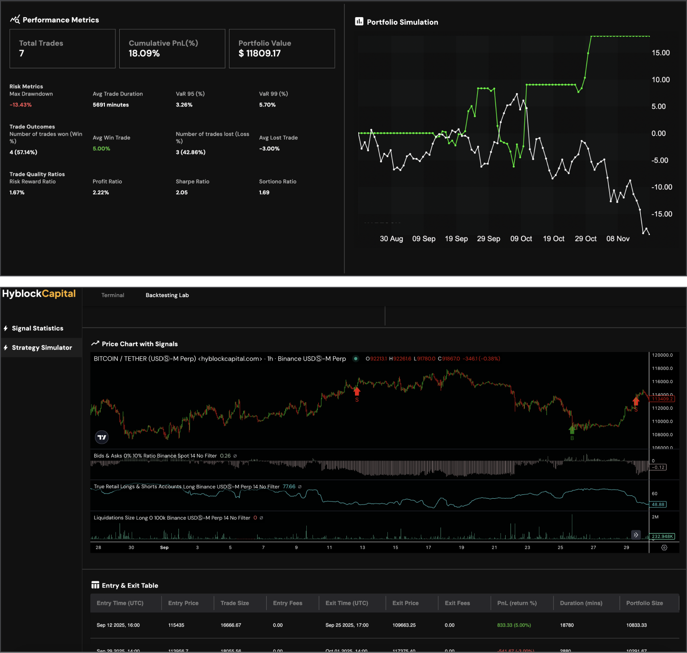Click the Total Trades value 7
(x=21, y=54)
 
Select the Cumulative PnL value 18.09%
(x=144, y=54)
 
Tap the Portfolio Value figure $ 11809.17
(x=260, y=54)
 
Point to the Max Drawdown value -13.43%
(x=21, y=105)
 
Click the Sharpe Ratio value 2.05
(x=182, y=193)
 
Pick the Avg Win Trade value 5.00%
(x=101, y=149)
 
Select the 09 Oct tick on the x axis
(x=521, y=239)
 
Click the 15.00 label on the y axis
(x=661, y=53)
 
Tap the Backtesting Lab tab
(x=167, y=295)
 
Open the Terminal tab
(x=113, y=295)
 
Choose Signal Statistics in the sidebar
(x=37, y=328)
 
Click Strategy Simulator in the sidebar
(x=42, y=348)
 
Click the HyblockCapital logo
(x=39, y=294)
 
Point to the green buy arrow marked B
(x=572, y=429)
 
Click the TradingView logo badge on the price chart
(x=102, y=437)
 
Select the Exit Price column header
(x=405, y=603)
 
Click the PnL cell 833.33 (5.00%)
(x=514, y=625)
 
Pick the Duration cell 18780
(x=567, y=625)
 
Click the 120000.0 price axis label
(x=662, y=355)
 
